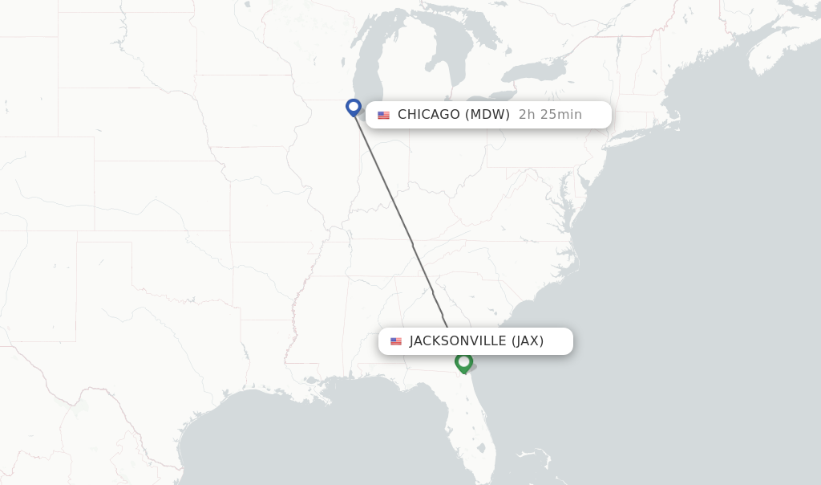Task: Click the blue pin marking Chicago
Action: (x=354, y=107)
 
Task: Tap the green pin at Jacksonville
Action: (x=463, y=362)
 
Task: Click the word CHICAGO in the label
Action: (x=429, y=115)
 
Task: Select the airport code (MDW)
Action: (x=487, y=115)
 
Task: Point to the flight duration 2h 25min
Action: (x=550, y=115)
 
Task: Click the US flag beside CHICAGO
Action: (x=383, y=115)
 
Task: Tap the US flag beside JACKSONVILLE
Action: (x=396, y=341)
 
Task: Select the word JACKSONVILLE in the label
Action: (x=458, y=341)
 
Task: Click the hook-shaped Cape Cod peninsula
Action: (x=678, y=120)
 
